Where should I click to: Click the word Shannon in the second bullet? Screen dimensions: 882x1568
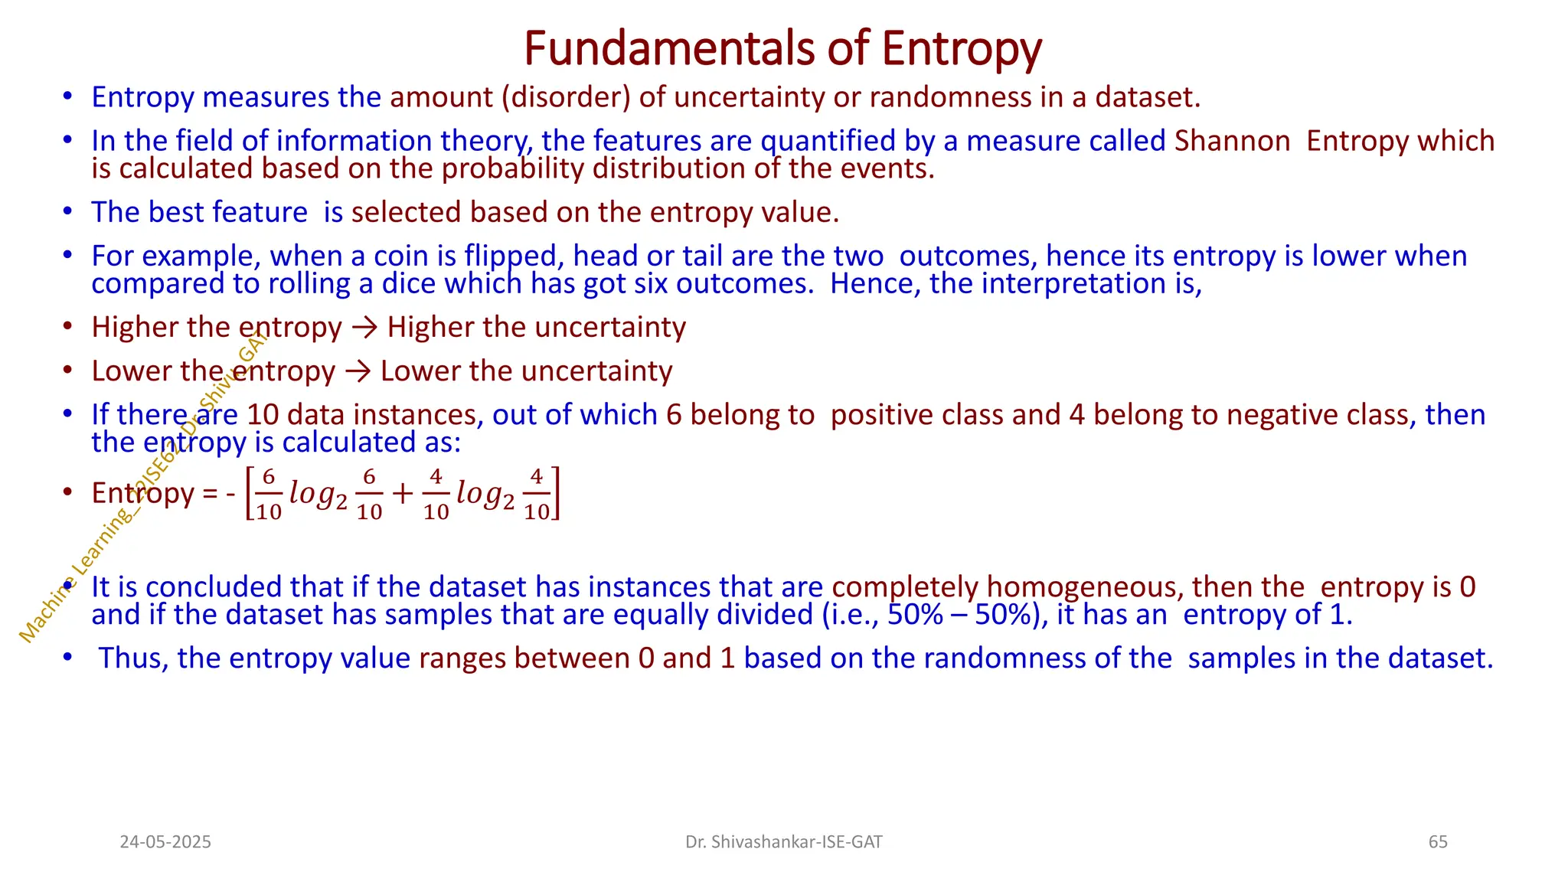click(x=1232, y=141)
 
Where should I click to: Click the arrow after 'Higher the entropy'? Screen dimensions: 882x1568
click(x=364, y=328)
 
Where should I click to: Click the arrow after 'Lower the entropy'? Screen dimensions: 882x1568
click(x=358, y=371)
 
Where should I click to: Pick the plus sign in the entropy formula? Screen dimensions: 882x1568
click(x=402, y=494)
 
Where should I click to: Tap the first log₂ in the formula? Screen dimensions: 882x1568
click(x=318, y=494)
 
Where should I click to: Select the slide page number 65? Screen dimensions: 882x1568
click(x=1438, y=842)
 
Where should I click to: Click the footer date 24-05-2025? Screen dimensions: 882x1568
click(x=165, y=842)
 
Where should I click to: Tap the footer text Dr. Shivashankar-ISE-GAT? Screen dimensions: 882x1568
click(x=783, y=842)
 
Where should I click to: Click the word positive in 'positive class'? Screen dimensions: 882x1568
click(x=881, y=415)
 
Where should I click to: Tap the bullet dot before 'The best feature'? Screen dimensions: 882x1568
click(x=68, y=211)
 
